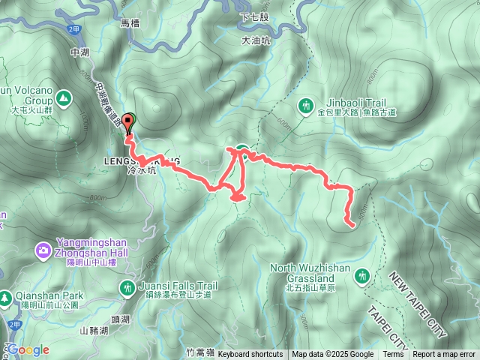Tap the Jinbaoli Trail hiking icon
(305, 106)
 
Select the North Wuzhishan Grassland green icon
(363, 276)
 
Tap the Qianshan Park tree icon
(6, 297)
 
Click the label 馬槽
(130, 23)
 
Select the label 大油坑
(255, 42)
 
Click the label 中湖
(79, 53)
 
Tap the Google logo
(28, 349)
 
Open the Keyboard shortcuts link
(250, 355)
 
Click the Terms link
(393, 355)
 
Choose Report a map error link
(444, 355)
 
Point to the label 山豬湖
(94, 330)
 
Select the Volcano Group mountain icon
(63, 97)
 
